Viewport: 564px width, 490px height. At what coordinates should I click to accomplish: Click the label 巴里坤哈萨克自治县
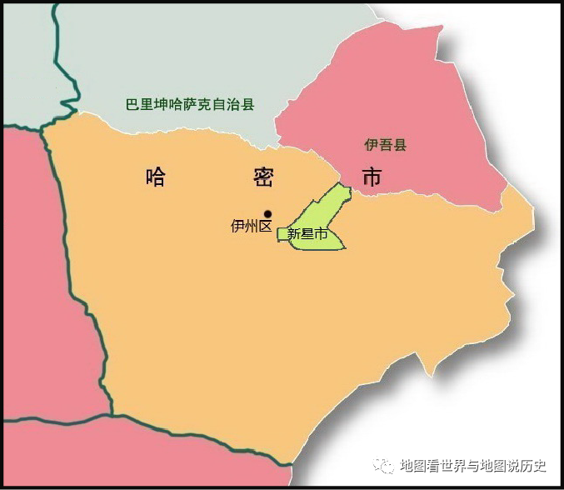click(x=189, y=106)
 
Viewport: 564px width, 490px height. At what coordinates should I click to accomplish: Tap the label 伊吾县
click(x=386, y=145)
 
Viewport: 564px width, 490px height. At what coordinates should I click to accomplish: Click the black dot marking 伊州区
click(x=267, y=213)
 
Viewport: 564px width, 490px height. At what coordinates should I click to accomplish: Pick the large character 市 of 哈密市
click(x=372, y=177)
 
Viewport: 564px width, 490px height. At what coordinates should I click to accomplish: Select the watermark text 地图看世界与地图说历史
click(x=472, y=465)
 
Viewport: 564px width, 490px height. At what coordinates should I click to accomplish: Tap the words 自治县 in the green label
click(x=236, y=106)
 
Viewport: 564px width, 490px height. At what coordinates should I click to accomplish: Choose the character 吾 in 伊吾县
click(x=386, y=145)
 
